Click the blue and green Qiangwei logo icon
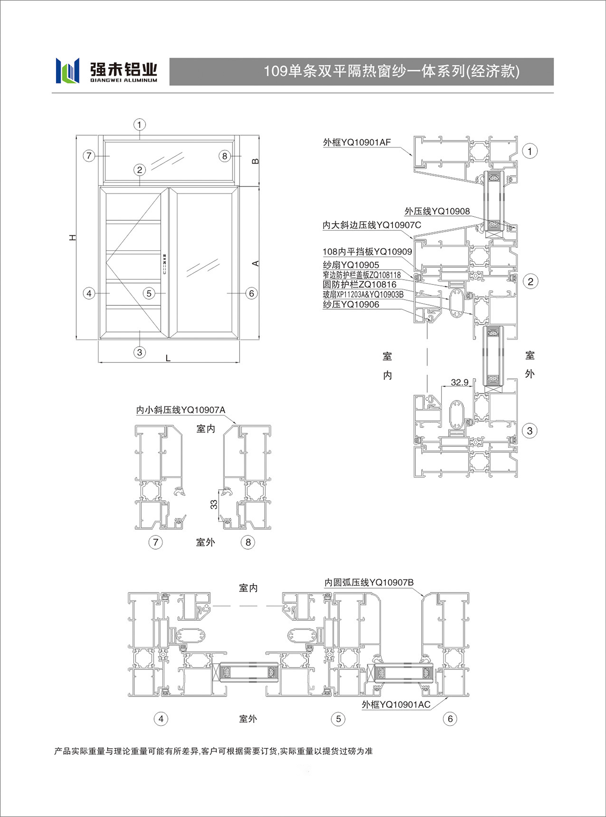pyautogui.click(x=67, y=71)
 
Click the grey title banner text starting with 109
pyautogui.click(x=392, y=71)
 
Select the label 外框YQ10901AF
pyautogui.click(x=357, y=142)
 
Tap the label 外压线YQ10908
pyautogui.click(x=437, y=211)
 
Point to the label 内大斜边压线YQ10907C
pyautogui.click(x=372, y=225)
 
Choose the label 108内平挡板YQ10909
pyautogui.click(x=367, y=252)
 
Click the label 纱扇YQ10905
pyautogui.click(x=351, y=265)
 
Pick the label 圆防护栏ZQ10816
pyautogui.click(x=359, y=285)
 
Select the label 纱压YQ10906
pyautogui.click(x=351, y=304)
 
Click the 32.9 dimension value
pyautogui.click(x=460, y=382)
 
